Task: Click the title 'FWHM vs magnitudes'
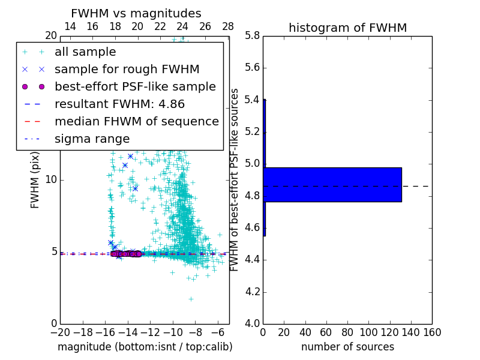[x=136, y=14]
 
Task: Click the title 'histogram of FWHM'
[x=347, y=28]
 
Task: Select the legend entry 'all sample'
[x=85, y=52]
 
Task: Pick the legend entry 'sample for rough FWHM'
[x=127, y=69]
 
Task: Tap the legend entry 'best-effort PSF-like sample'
[x=135, y=86]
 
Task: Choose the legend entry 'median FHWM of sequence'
[x=136, y=121]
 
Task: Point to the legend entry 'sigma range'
[x=92, y=139]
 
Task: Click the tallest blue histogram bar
[x=332, y=184]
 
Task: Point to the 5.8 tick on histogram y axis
[x=252, y=35]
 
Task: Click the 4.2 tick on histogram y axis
[x=252, y=292]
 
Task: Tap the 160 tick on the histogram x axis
[x=432, y=332]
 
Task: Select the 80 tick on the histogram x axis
[x=347, y=332]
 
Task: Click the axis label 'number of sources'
[x=347, y=347]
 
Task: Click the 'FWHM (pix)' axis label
[x=35, y=179]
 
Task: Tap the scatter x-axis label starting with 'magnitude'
[x=145, y=347]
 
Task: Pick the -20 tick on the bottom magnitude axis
[x=60, y=332]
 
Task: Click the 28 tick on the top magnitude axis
[x=228, y=26]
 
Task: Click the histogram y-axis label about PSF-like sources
[x=235, y=179]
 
